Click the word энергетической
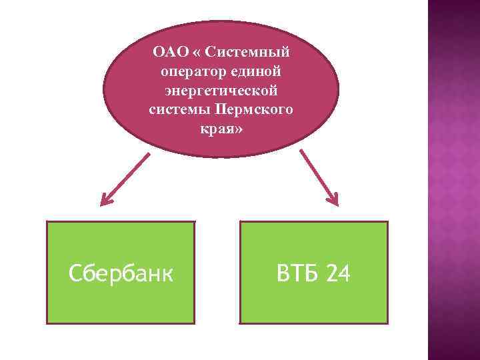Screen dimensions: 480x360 (x=221, y=89)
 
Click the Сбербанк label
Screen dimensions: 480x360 (x=121, y=273)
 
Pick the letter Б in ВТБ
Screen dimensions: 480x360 (x=311, y=273)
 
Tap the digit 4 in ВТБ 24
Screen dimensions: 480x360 (x=344, y=273)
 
